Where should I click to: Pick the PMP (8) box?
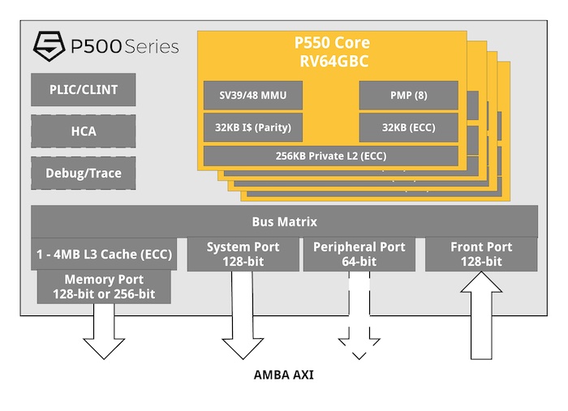[x=410, y=96]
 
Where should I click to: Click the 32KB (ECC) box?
[x=410, y=126]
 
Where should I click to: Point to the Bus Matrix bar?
[x=284, y=221]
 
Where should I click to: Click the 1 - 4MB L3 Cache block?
[x=103, y=254]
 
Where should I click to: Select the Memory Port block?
[x=104, y=287]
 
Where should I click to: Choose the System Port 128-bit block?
[x=243, y=255]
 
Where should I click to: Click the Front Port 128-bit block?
[x=481, y=255]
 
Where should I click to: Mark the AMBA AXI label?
[x=283, y=375]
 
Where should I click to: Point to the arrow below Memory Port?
[x=104, y=332]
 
